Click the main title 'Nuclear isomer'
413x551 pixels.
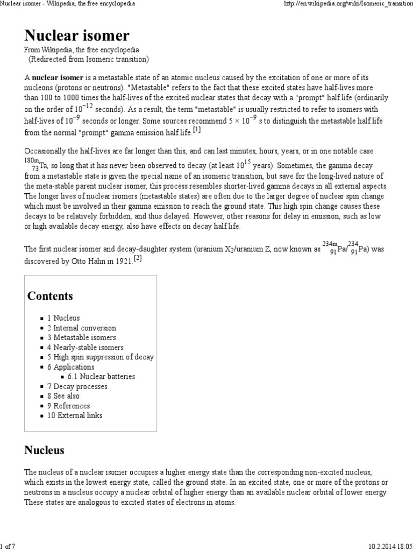pyautogui.click(x=77, y=36)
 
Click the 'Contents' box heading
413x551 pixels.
pyautogui.click(x=50, y=296)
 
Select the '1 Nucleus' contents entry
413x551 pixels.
pyautogui.click(x=63, y=318)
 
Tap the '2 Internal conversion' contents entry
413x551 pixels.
pyautogui.click(x=81, y=328)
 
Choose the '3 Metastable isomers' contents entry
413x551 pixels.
pyautogui.click(x=81, y=337)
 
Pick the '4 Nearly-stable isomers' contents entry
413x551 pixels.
pyautogui.click(x=85, y=348)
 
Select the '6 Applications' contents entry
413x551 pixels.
pyautogui.click(x=70, y=367)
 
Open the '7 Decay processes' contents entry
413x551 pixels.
pyautogui.click(x=77, y=386)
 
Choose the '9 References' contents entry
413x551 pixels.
pyautogui.click(x=68, y=406)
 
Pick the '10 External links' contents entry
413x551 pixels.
pyautogui.click(x=74, y=415)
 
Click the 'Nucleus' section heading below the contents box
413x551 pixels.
pyautogui.click(x=44, y=450)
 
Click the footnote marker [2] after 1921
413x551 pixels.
pyautogui.click(x=138, y=258)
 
